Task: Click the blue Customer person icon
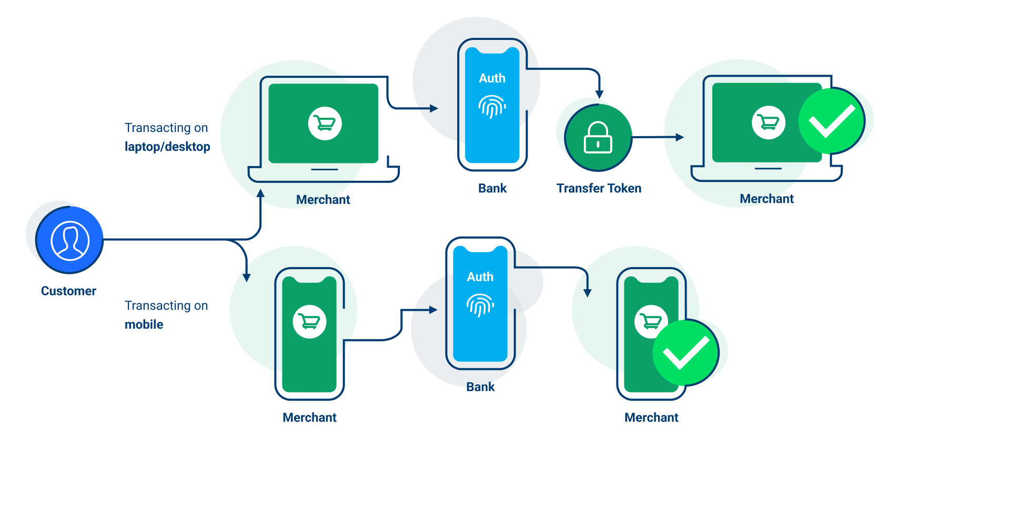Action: click(x=69, y=240)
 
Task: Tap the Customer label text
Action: click(x=68, y=291)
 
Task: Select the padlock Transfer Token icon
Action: click(x=598, y=138)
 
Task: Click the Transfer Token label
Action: click(x=599, y=188)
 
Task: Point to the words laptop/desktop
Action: click(x=167, y=147)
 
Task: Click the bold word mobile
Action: click(x=144, y=324)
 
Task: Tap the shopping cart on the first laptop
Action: click(x=325, y=124)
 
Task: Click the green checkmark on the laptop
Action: click(x=831, y=121)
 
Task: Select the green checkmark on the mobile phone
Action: click(x=685, y=352)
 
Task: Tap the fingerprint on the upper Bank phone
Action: click(x=492, y=107)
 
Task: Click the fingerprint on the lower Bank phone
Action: click(x=480, y=305)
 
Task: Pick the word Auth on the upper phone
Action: click(x=492, y=78)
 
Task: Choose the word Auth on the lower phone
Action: click(x=480, y=277)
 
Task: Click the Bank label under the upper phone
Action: click(x=492, y=188)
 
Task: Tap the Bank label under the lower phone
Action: click(x=480, y=387)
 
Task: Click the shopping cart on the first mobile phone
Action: click(x=309, y=321)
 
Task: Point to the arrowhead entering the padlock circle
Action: click(x=599, y=95)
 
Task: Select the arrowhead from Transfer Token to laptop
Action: click(x=680, y=137)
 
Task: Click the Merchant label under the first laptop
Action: click(x=323, y=200)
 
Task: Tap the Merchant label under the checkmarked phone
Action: click(x=651, y=417)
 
